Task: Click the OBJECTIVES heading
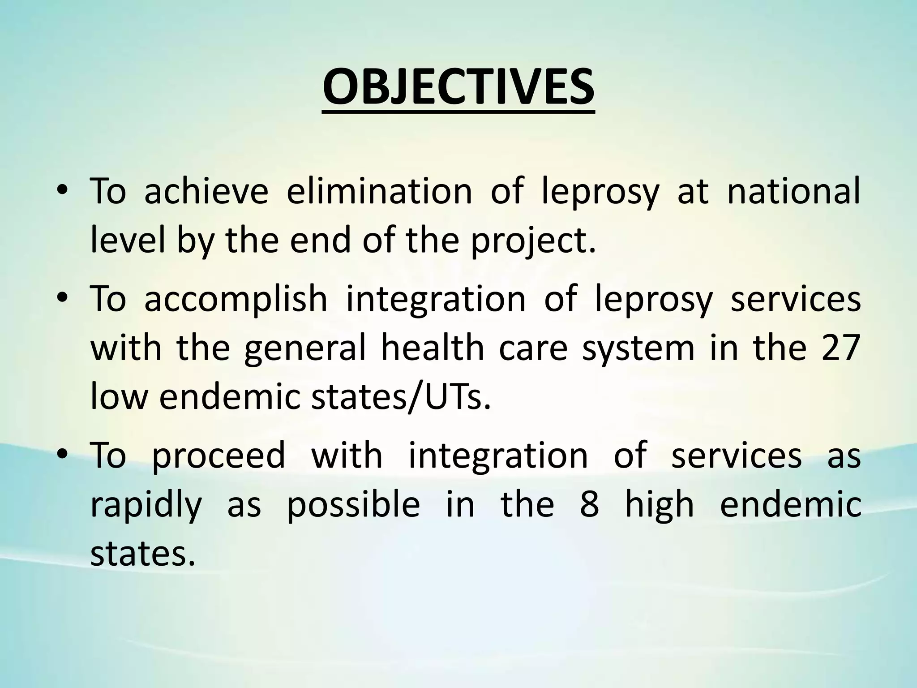coord(458,88)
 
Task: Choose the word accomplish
coord(236,299)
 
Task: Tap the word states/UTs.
coord(401,397)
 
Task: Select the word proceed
coord(219,455)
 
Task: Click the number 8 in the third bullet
coord(589,504)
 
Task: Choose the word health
coord(432,348)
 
